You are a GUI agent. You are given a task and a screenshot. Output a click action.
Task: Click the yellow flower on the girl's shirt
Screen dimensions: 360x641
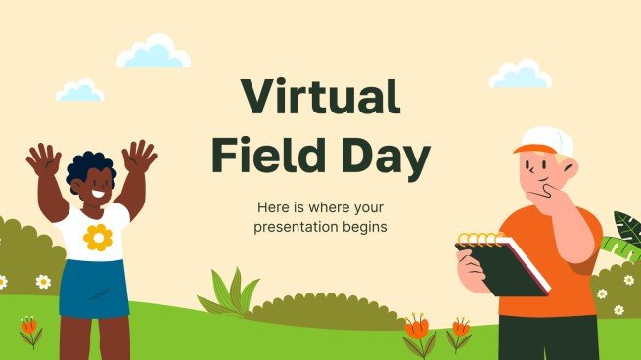97,237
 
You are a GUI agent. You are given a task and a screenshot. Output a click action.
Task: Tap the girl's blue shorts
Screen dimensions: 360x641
93,288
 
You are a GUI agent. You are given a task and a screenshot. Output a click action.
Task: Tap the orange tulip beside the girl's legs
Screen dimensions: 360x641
29,327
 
